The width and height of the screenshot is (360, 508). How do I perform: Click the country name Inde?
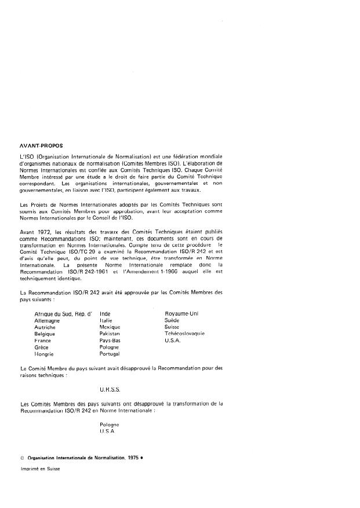[x=105, y=313]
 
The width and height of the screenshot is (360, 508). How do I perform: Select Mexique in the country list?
[x=110, y=327]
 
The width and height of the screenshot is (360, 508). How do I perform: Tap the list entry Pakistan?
[x=110, y=334]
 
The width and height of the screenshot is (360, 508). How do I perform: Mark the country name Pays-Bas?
[x=110, y=341]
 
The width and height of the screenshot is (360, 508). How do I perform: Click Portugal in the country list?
[x=110, y=354]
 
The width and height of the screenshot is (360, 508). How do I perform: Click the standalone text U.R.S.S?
[x=110, y=390]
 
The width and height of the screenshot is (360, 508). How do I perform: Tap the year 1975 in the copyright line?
[x=133, y=458]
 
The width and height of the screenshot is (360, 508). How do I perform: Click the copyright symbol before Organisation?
[x=21, y=458]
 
